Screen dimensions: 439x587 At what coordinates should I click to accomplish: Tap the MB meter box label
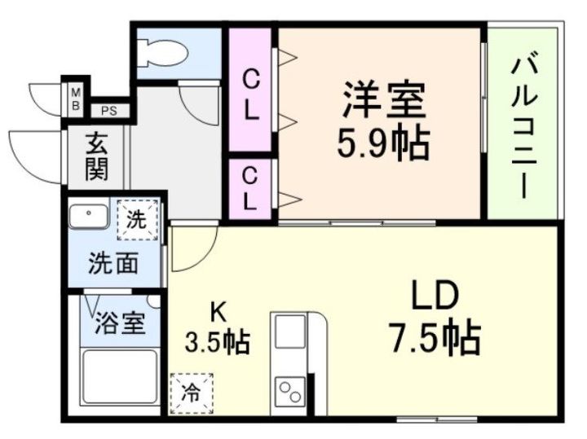[x=74, y=98]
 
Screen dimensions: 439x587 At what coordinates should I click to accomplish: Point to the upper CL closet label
[x=252, y=95]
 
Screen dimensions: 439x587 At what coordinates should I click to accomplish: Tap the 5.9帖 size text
[x=382, y=145]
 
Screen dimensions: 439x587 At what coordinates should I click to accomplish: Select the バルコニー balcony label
[x=522, y=126]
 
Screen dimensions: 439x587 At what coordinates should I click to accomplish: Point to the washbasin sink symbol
[x=88, y=218]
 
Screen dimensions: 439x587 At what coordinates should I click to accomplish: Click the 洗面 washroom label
[x=113, y=263]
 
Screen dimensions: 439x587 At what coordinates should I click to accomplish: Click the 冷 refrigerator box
[x=191, y=393]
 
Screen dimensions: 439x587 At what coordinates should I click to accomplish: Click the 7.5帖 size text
[x=434, y=336]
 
